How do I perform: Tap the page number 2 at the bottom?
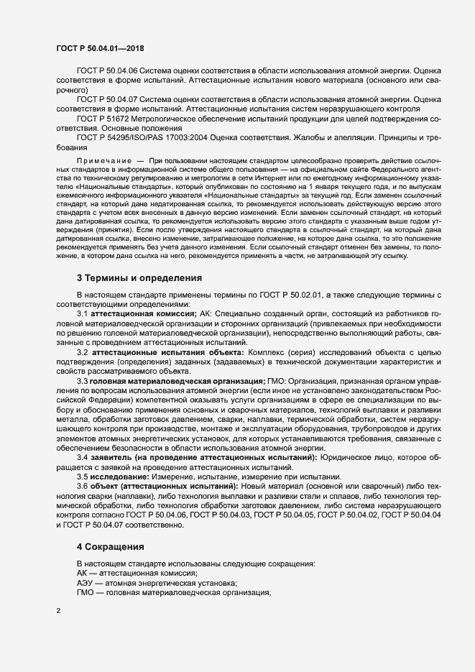58,612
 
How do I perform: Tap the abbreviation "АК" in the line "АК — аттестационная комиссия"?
82,574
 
